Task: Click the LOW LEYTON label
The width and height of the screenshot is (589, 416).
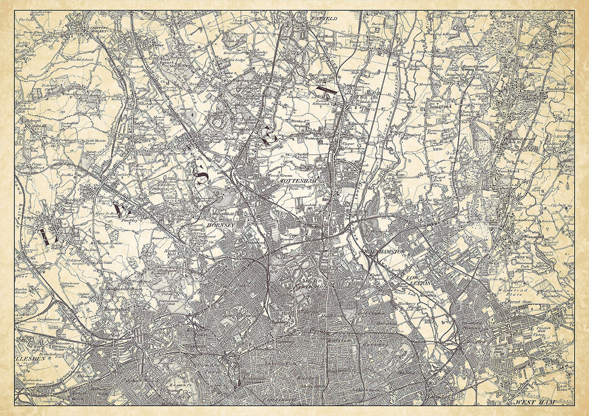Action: pos(419,282)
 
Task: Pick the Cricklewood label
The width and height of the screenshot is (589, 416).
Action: pos(48,320)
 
